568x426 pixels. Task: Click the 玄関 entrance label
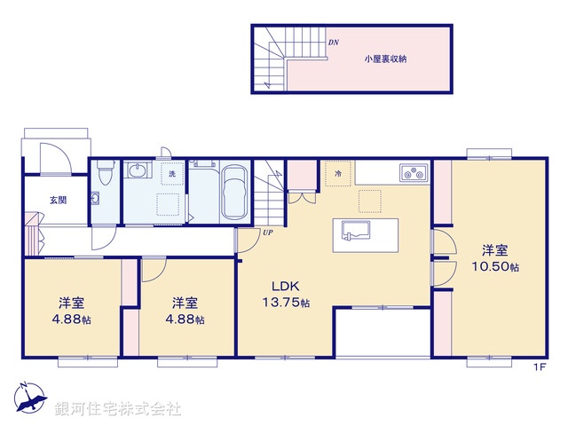pos(32,200)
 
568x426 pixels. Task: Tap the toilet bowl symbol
pos(105,174)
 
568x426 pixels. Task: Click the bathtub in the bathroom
pos(234,193)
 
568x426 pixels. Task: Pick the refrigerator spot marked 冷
pos(337,174)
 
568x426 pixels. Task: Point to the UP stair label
pos(266,233)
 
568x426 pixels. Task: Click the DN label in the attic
pos(333,43)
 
